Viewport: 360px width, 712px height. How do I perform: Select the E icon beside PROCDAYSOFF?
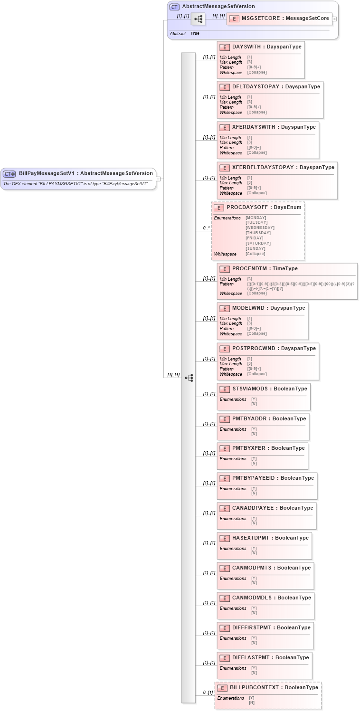click(x=219, y=208)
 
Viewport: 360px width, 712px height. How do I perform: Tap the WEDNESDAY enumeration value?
click(x=260, y=228)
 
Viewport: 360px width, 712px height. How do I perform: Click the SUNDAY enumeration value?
click(x=256, y=248)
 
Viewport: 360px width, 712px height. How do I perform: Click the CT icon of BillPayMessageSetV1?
click(x=9, y=174)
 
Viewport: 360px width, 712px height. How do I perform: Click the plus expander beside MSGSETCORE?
click(x=335, y=19)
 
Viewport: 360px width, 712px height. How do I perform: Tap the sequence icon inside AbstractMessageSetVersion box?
click(x=198, y=19)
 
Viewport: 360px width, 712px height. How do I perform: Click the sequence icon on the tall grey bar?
click(x=189, y=378)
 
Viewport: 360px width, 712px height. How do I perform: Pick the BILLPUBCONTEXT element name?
click(x=254, y=687)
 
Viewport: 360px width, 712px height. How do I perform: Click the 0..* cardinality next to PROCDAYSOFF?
click(x=206, y=228)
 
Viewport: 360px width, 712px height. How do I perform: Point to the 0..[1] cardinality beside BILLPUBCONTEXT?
click(x=208, y=693)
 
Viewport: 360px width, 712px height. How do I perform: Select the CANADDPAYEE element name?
click(x=253, y=508)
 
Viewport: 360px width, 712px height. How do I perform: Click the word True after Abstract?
click(x=195, y=34)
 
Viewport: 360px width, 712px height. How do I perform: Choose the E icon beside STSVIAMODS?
click(x=225, y=389)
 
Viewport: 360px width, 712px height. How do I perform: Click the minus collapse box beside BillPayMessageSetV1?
click(x=158, y=179)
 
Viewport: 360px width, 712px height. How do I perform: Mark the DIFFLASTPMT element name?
click(x=251, y=658)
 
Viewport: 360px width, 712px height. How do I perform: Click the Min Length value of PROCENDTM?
click(x=249, y=279)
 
